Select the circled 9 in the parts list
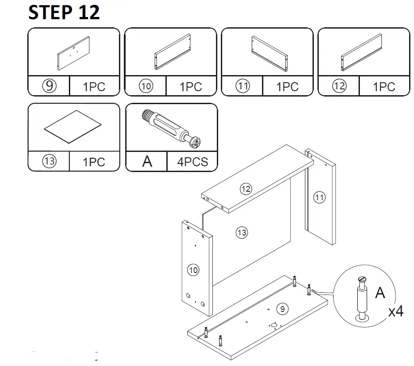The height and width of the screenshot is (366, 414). [x=49, y=86]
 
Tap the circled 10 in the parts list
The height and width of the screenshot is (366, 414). [x=146, y=86]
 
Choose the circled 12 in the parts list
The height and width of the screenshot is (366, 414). [x=339, y=86]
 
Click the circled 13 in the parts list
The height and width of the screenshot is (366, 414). [x=49, y=161]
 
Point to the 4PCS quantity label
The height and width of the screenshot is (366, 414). [x=193, y=161]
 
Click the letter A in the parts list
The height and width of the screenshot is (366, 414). [x=147, y=161]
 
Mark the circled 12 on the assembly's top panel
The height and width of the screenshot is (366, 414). [x=245, y=189]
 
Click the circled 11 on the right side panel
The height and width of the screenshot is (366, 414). [x=319, y=197]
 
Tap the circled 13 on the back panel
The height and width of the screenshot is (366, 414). [x=241, y=232]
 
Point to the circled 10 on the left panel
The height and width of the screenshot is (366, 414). [x=193, y=270]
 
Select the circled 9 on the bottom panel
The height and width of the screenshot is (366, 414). [x=281, y=308]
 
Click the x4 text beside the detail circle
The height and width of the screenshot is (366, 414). [x=396, y=311]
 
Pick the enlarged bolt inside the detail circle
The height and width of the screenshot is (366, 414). [x=362, y=298]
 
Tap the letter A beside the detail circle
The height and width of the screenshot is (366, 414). [x=380, y=293]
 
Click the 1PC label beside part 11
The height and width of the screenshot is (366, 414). [x=287, y=86]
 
